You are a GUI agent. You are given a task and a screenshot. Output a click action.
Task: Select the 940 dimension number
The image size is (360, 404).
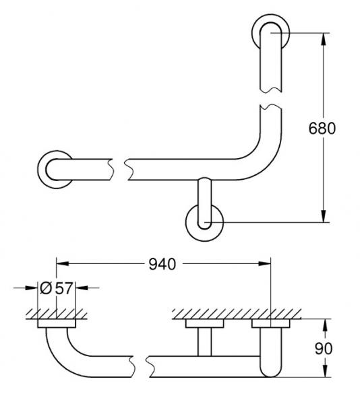tap(162, 264)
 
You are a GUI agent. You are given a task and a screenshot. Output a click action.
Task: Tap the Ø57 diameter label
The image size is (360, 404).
tap(56, 288)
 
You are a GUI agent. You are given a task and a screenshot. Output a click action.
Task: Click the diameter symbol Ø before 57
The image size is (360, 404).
tap(46, 288)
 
